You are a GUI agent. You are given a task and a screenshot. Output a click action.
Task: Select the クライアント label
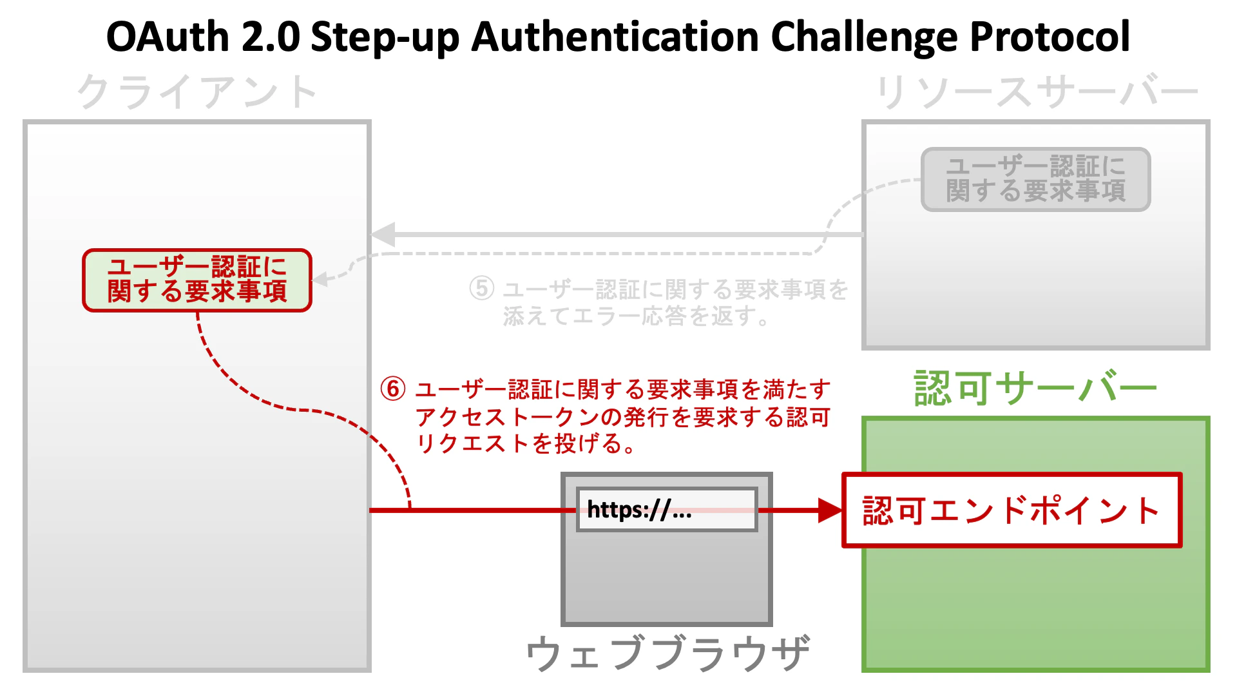197,92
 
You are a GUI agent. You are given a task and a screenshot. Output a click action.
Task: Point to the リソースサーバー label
1036,92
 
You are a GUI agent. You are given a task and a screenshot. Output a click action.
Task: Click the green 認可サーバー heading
1035,389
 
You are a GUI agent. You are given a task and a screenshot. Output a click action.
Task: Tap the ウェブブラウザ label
667,652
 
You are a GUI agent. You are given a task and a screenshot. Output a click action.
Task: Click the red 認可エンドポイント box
1012,510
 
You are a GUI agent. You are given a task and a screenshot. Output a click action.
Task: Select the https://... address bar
666,510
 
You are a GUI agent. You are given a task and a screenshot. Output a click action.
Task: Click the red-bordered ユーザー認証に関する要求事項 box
197,280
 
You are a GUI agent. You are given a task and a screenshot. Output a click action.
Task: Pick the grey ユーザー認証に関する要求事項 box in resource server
1035,179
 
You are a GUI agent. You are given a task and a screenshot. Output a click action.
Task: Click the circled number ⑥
393,389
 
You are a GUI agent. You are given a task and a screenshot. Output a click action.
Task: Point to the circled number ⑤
482,289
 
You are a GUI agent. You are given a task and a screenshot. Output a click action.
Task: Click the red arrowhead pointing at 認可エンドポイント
829,510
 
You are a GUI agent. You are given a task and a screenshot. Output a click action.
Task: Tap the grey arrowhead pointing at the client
384,235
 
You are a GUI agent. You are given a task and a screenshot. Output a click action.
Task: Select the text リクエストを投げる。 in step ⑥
526,444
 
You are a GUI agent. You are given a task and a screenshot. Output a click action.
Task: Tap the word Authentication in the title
615,37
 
